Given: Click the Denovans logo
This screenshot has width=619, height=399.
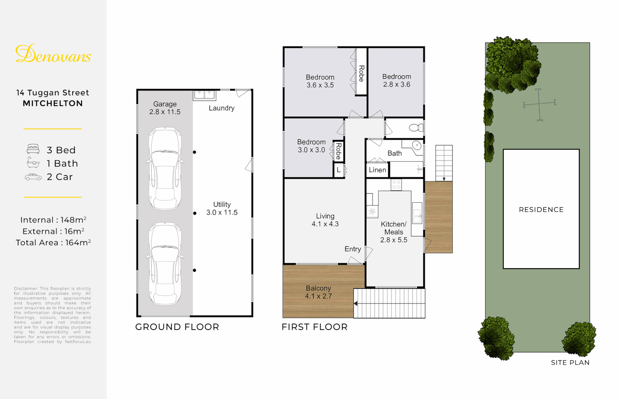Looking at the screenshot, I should pos(53,54).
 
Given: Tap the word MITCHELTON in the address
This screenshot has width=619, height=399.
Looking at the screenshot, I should pos(53,103).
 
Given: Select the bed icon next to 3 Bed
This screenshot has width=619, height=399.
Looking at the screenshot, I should pos(33,149).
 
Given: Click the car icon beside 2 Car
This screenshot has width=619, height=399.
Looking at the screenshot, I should pos(33,177).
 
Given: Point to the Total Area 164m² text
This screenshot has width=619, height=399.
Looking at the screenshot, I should pos(53,243).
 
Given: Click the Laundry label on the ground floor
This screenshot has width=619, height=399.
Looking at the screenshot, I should pos(221,108).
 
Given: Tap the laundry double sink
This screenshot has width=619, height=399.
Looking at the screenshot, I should pos(204,95).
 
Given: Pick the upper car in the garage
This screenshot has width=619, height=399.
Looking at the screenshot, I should pos(165,168).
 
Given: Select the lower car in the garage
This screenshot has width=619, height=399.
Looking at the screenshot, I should pos(165,263).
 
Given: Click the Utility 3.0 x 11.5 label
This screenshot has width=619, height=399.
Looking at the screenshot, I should pos(222,208).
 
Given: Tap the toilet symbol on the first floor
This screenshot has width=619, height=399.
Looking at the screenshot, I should pos(416,128).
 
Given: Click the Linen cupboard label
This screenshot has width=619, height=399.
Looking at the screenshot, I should pos(377,170).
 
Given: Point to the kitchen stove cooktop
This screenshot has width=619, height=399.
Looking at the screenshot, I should pos(396,185).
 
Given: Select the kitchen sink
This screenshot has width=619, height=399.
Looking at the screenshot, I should pos(417,213).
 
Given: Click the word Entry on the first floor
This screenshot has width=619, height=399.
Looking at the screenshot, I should pos(353,249).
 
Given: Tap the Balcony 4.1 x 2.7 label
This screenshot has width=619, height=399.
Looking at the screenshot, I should pos(318,292).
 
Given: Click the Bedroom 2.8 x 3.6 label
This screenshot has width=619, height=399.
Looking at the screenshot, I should pos(397,81).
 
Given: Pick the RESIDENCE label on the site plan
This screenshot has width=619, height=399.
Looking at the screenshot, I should pos(541,209).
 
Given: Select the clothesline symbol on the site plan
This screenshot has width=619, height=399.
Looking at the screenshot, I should pos(539,105).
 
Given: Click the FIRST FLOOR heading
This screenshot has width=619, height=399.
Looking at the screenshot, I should pos(314,327).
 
